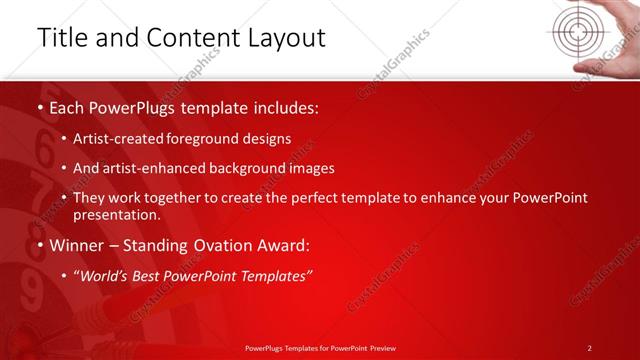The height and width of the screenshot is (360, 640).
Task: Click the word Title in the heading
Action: [62, 38]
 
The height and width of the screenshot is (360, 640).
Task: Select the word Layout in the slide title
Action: [283, 38]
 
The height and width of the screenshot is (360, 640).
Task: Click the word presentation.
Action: [116, 215]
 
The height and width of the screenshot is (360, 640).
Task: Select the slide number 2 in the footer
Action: [589, 348]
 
